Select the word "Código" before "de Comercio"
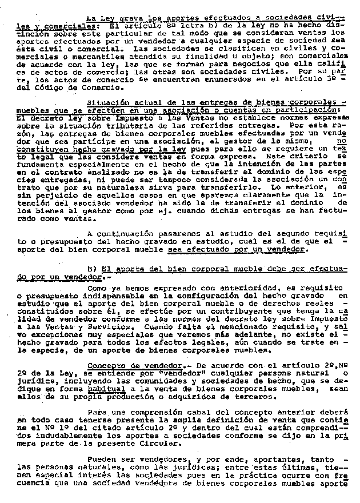[x=43, y=89]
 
